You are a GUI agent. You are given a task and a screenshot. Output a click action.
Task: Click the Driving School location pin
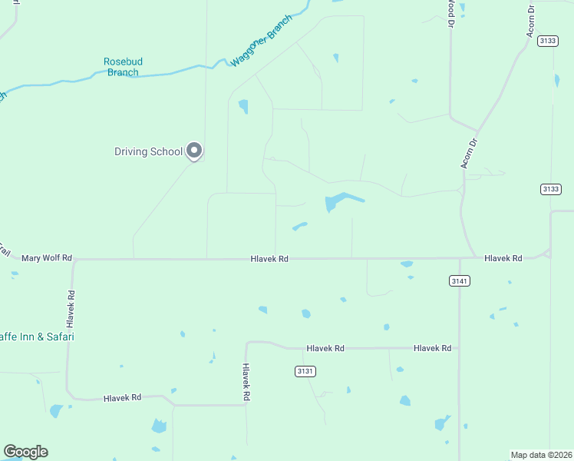(x=194, y=150)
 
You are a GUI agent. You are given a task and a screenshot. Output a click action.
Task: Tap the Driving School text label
(x=148, y=151)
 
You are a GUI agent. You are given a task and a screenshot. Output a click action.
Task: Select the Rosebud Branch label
(x=124, y=67)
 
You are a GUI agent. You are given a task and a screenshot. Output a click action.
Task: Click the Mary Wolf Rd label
(x=46, y=258)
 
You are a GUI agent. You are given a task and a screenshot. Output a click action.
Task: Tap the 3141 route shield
(x=459, y=281)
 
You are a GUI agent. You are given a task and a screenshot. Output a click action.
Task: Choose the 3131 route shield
(x=305, y=371)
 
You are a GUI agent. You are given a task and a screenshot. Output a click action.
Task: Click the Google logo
(x=25, y=452)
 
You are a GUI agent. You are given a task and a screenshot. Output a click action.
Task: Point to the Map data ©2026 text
(x=541, y=454)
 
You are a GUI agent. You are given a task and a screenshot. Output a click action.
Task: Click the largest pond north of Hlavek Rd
(x=338, y=202)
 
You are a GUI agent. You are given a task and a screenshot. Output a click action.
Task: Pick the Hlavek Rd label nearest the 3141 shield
(x=503, y=258)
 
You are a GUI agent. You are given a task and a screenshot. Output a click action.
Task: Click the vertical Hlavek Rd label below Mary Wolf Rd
(x=71, y=305)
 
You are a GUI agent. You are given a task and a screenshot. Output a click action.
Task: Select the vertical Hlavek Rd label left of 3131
(x=246, y=383)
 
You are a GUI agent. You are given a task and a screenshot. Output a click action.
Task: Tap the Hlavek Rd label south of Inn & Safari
(x=123, y=397)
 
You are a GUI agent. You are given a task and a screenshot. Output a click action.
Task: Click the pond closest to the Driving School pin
(x=243, y=106)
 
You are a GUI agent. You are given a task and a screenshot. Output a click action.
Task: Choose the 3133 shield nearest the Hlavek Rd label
(x=550, y=189)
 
